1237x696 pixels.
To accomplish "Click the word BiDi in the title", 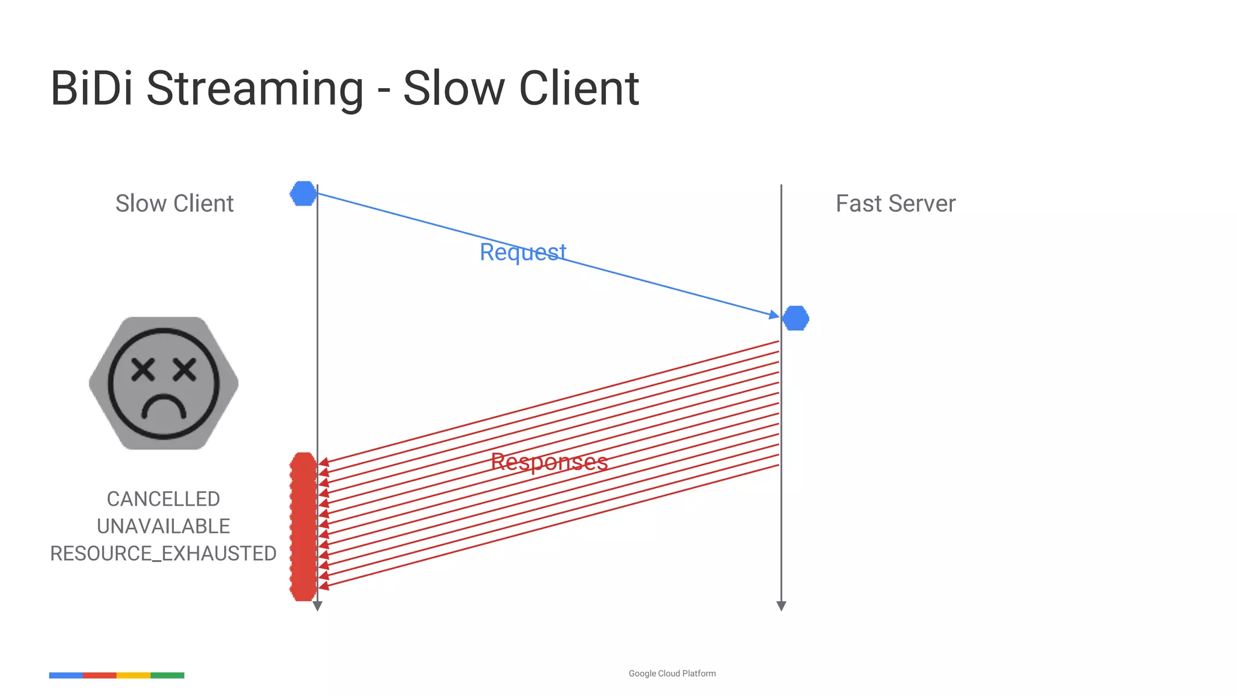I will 91,88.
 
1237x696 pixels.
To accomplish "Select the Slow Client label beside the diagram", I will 174,204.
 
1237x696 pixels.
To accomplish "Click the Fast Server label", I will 895,204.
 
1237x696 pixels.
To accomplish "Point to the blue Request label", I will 522,252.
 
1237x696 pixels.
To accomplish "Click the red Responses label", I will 549,462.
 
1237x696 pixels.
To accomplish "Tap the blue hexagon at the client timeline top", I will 303,193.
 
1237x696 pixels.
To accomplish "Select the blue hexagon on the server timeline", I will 795,318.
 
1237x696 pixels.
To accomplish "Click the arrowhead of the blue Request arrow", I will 774,315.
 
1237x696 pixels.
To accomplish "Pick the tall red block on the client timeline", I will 303,526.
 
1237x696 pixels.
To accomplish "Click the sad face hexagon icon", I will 164,383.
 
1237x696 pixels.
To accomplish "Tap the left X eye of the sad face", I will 144,369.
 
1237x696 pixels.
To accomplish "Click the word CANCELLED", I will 163,499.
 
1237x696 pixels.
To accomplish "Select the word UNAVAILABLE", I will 163,526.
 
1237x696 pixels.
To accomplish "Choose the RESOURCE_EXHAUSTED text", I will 163,553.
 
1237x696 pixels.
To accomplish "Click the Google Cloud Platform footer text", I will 672,674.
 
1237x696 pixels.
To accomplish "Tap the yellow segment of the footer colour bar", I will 133,675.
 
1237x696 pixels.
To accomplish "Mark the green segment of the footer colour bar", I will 167,675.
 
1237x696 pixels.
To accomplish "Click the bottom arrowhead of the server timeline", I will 781,606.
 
